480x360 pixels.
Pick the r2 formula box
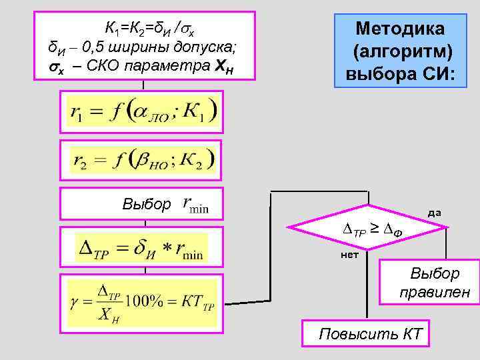click(x=143, y=159)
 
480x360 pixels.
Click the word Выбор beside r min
click(x=146, y=205)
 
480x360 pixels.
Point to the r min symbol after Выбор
click(x=195, y=205)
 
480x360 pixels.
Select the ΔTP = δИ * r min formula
click(x=143, y=248)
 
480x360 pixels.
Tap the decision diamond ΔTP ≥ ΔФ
click(x=369, y=231)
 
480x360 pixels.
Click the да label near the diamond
click(x=434, y=213)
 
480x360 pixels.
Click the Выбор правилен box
click(x=434, y=282)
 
